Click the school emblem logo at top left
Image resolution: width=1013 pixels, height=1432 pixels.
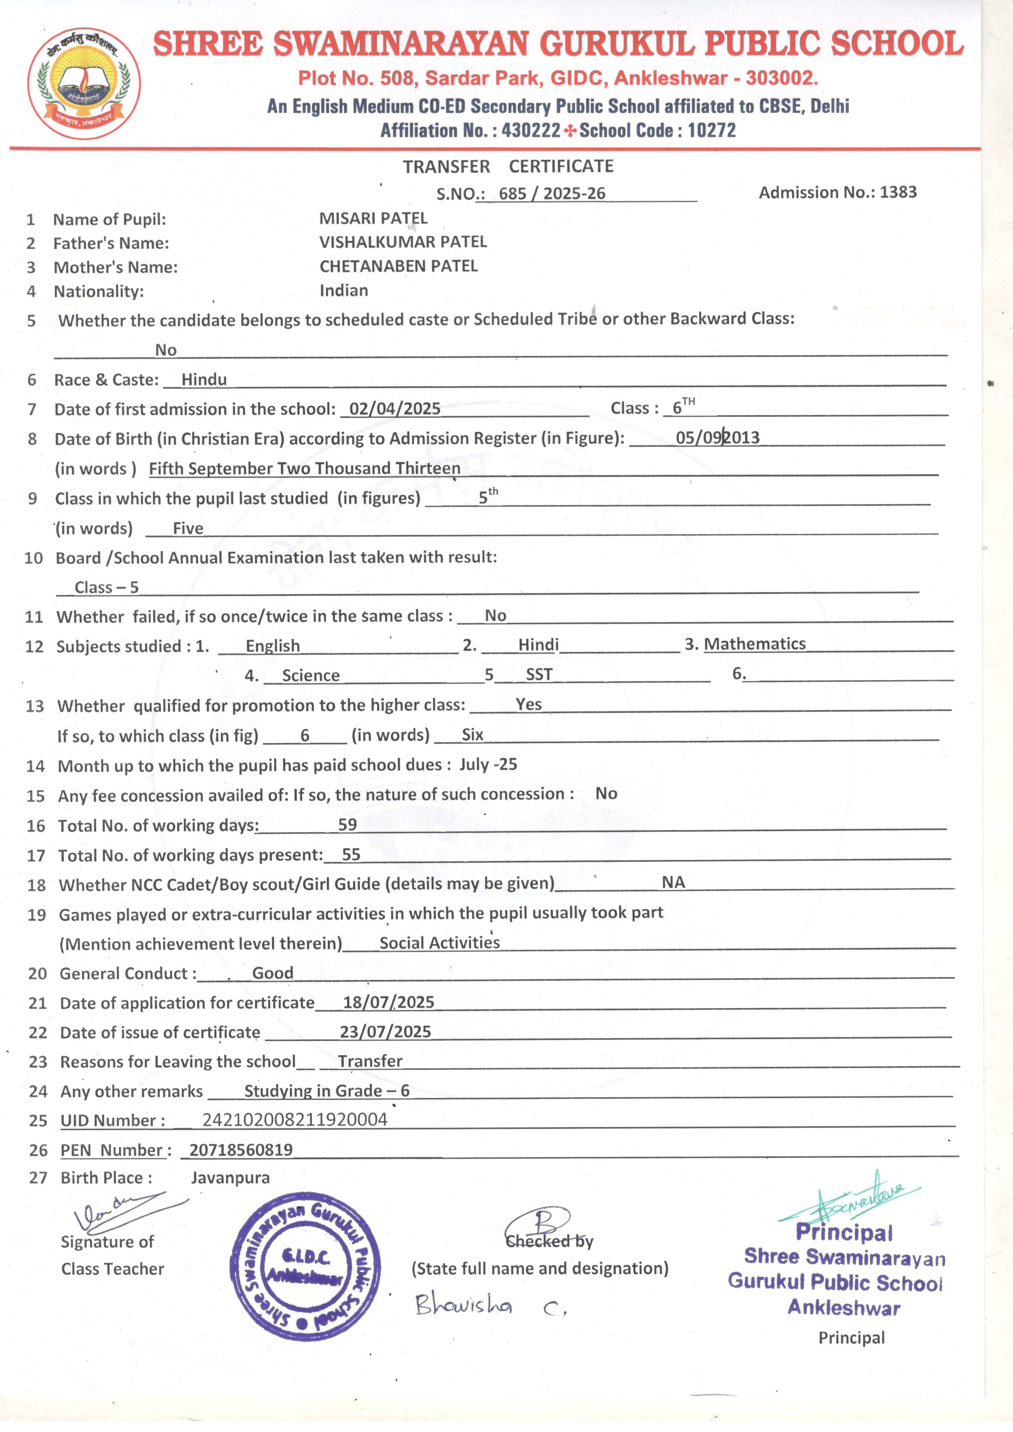84,82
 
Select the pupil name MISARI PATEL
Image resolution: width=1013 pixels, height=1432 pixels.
373,218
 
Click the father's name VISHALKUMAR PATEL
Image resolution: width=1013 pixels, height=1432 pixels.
403,242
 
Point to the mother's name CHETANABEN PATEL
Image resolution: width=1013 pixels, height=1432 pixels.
399,266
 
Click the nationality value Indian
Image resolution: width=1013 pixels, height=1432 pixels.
344,291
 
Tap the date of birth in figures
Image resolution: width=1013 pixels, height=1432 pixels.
717,437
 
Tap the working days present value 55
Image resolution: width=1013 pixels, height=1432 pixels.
351,855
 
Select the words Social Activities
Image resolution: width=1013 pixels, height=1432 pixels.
440,942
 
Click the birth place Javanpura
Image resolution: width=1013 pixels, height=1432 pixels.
230,1178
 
